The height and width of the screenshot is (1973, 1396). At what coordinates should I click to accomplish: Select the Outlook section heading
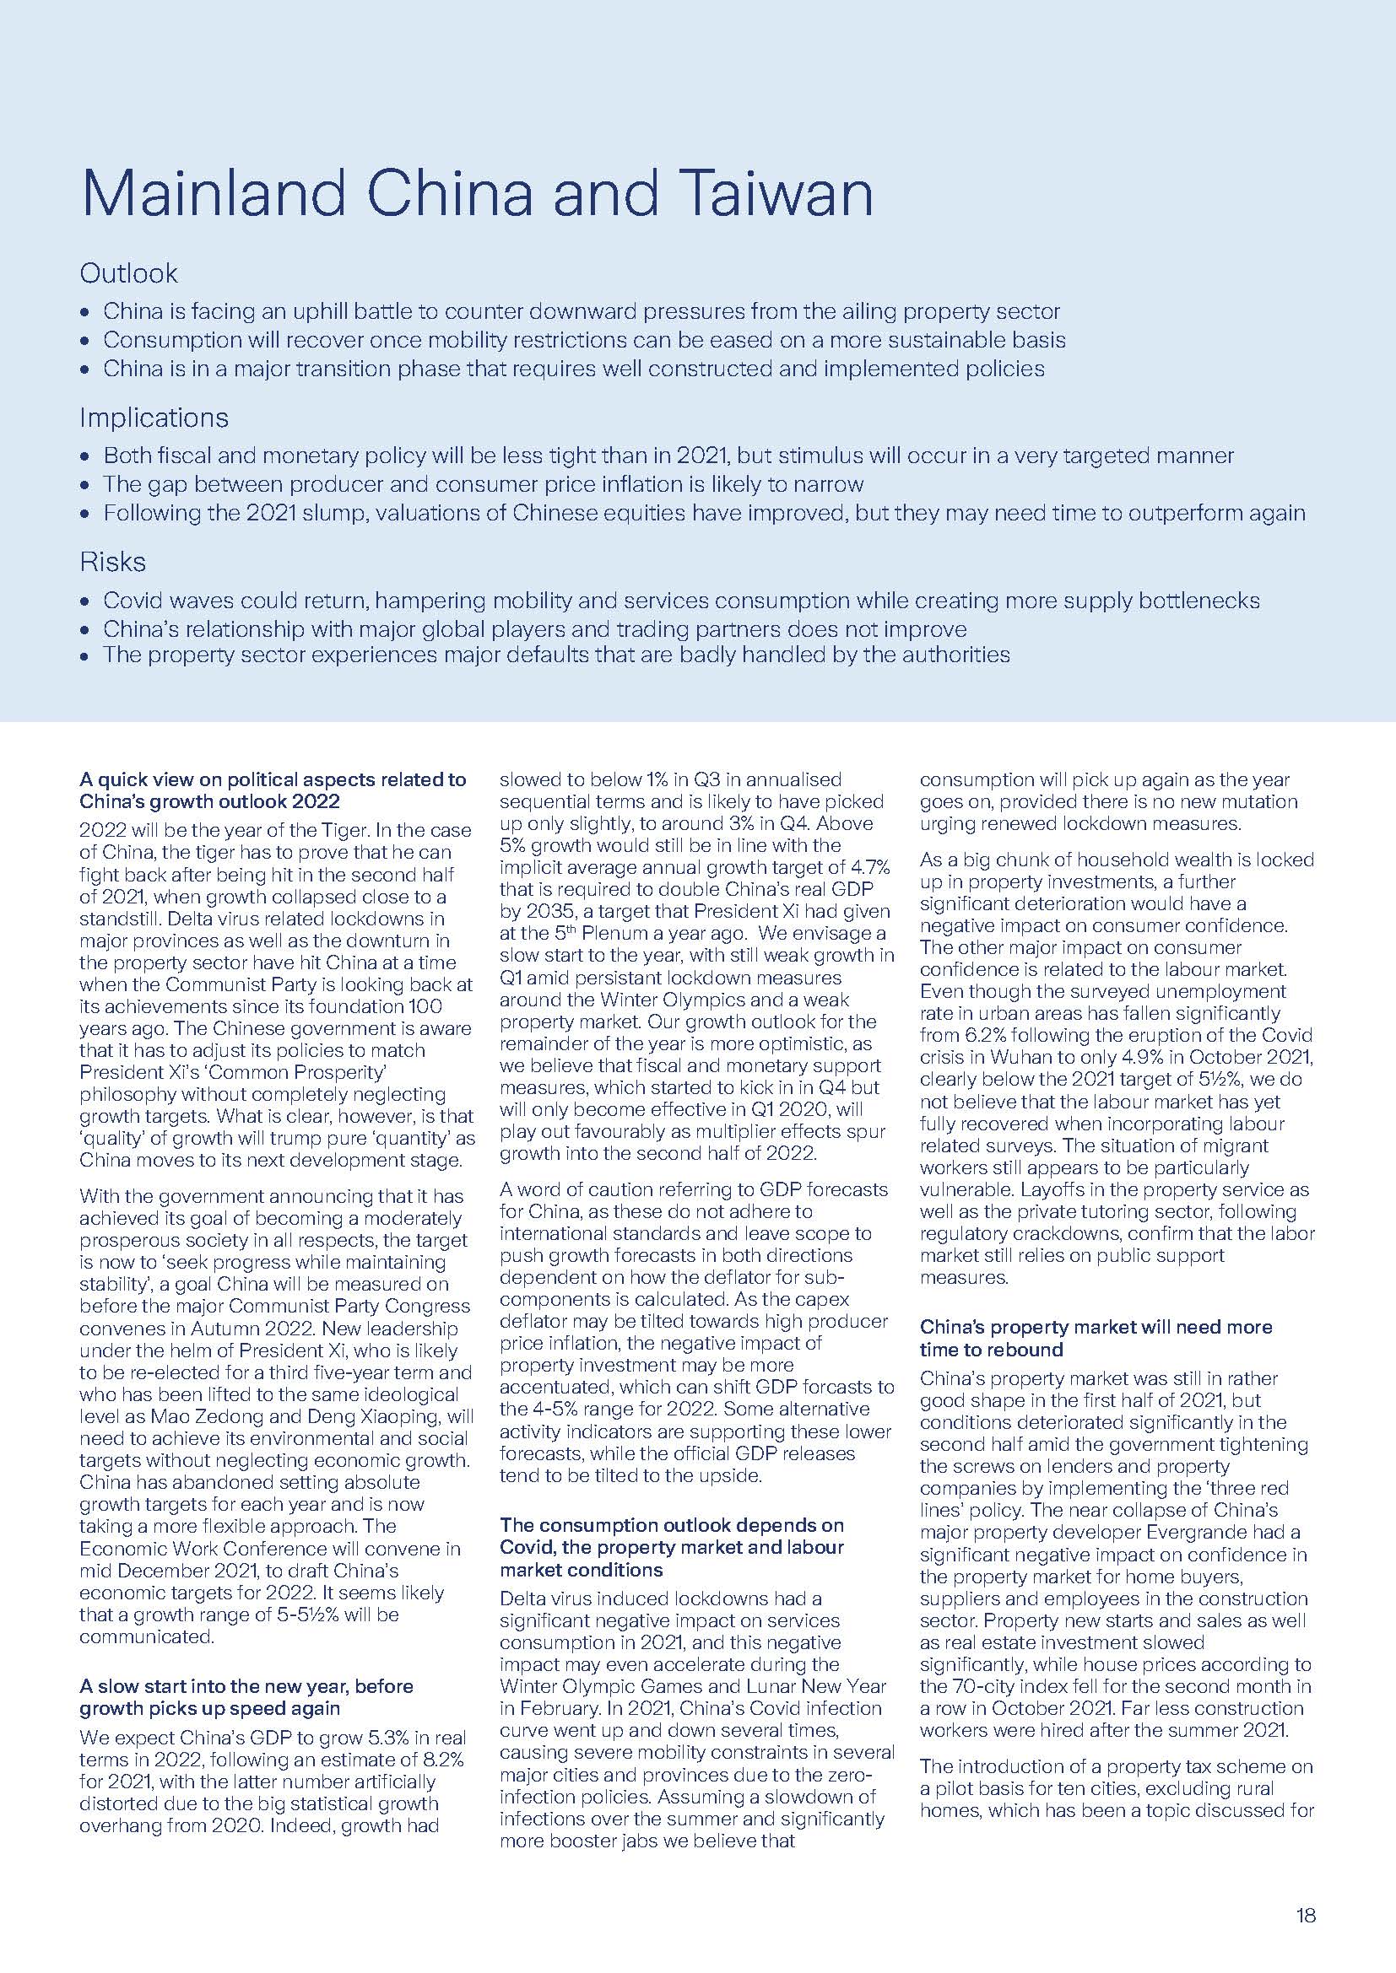click(x=128, y=273)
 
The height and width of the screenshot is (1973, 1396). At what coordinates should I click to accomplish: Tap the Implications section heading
click(x=154, y=418)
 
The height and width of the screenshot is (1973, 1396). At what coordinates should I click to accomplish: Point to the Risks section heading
click(x=112, y=562)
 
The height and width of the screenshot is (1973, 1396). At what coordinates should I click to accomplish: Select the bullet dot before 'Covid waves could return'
click(x=84, y=601)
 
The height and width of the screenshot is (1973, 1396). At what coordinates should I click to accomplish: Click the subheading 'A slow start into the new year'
click(x=246, y=1686)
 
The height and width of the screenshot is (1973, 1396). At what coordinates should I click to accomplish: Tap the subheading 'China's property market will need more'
click(x=1096, y=1327)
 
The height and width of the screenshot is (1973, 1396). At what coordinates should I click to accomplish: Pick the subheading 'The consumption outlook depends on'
click(x=671, y=1525)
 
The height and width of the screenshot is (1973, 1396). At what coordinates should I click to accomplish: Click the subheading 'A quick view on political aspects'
click(x=273, y=780)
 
